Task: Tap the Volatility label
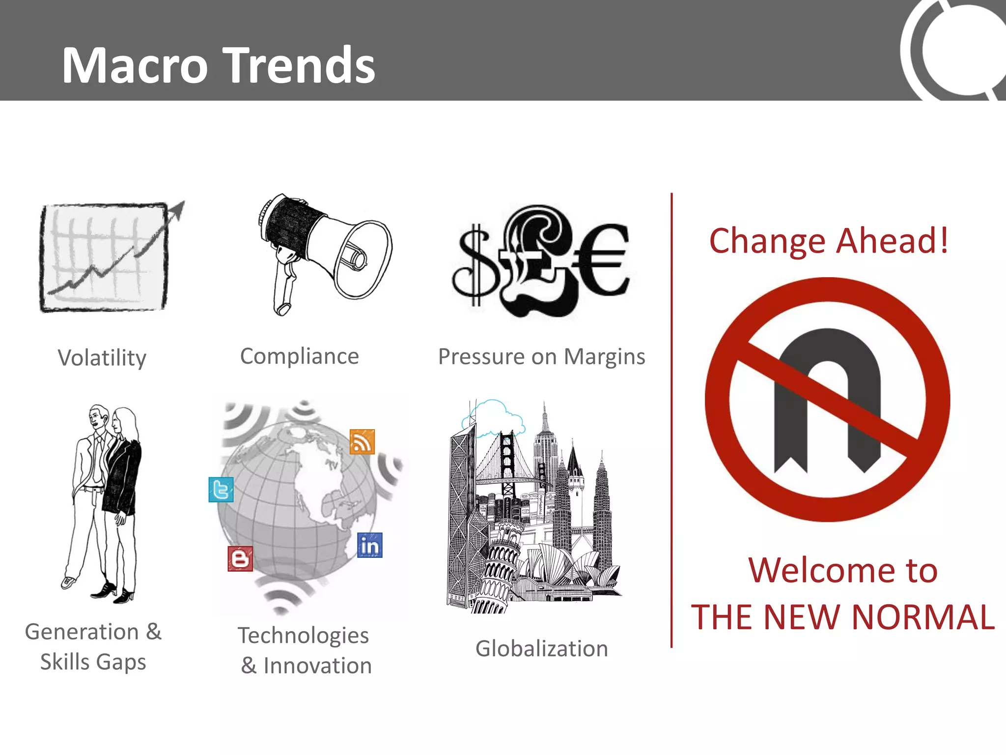point(102,358)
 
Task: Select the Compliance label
point(300,356)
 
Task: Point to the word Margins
point(604,357)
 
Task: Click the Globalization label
point(541,649)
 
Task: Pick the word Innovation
point(317,666)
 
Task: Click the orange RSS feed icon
point(362,441)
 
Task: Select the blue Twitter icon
point(221,490)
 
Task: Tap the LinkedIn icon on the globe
point(370,546)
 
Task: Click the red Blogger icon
point(240,559)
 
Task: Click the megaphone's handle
point(284,290)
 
